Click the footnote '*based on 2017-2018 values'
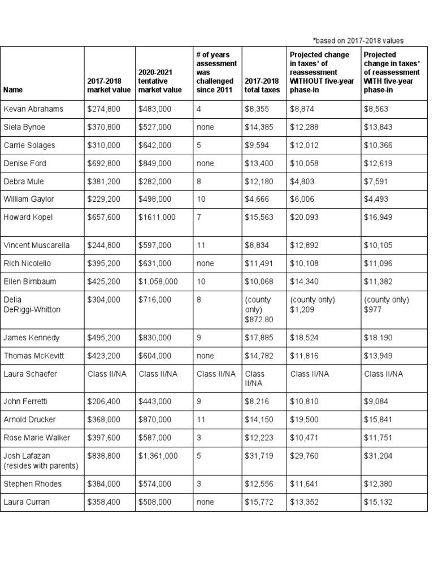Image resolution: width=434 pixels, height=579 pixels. tap(358, 40)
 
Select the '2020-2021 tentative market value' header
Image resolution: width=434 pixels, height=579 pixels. tap(160, 81)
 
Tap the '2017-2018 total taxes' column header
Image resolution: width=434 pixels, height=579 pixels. tap(262, 85)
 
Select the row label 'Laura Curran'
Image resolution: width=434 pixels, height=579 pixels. tap(27, 502)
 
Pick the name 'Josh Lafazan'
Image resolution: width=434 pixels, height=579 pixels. tap(27, 456)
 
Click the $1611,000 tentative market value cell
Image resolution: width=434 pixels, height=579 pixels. tap(157, 218)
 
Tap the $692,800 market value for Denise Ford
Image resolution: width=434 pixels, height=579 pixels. tap(103, 163)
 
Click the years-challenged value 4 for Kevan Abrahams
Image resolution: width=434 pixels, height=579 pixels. tap(199, 109)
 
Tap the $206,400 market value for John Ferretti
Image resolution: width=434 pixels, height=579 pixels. tap(103, 401)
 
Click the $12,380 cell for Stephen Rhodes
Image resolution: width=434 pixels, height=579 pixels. tap(379, 484)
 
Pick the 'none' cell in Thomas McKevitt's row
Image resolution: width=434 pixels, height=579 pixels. tap(205, 356)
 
